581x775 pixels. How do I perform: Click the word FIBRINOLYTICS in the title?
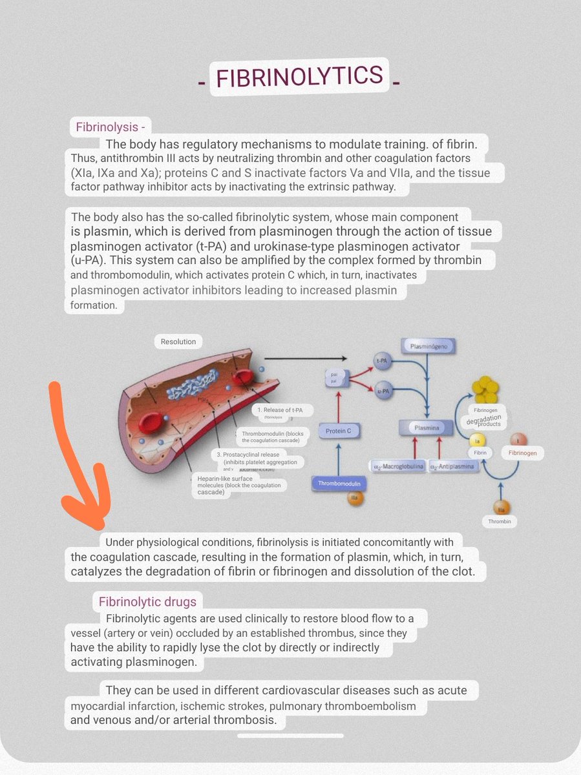(x=300, y=77)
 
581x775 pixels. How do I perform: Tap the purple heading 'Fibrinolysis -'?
(x=111, y=127)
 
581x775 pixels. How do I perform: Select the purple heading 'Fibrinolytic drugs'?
(x=147, y=602)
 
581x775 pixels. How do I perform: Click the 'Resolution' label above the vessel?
(x=178, y=341)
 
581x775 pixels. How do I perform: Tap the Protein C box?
(x=342, y=431)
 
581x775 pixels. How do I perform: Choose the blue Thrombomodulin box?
(x=339, y=483)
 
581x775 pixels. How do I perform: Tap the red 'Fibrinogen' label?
(x=522, y=453)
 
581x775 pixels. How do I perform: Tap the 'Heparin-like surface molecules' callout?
(x=239, y=485)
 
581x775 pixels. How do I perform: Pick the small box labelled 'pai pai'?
(x=334, y=377)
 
